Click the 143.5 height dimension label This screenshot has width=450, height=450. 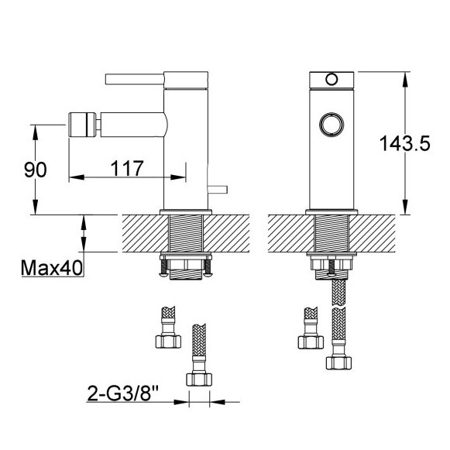[404, 143]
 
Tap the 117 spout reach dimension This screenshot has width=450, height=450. [127, 168]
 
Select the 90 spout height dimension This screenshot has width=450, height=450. [36, 170]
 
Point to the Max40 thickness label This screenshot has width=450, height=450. [52, 268]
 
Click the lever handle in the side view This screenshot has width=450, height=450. [135, 79]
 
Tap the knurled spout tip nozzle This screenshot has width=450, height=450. [82, 125]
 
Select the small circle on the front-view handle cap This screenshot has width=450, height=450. [331, 79]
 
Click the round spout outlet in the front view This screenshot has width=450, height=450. [331, 124]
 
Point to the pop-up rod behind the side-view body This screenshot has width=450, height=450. [218, 190]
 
